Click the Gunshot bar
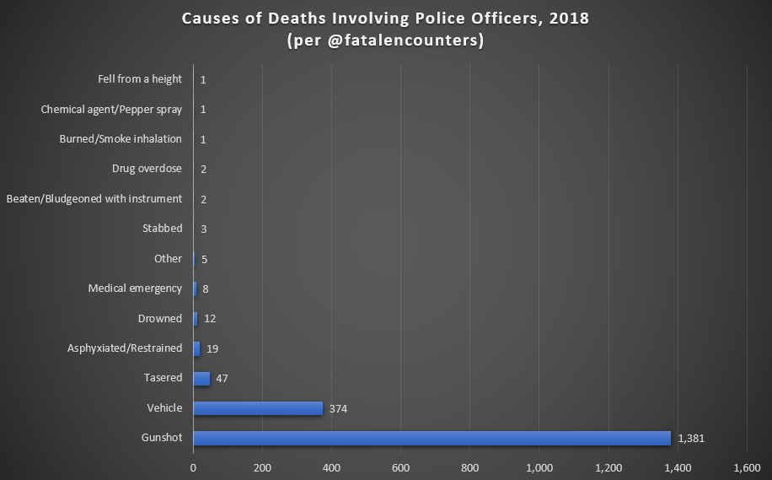tap(432, 438)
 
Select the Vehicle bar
tap(258, 408)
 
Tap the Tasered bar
tap(201, 379)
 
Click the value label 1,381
tap(691, 439)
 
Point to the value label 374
tap(339, 409)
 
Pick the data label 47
tap(222, 379)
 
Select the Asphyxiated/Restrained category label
tap(125, 348)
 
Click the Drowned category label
tap(160, 318)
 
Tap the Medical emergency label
tap(135, 289)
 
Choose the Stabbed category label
tap(163, 229)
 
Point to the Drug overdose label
tap(147, 169)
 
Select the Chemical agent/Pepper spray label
tap(111, 109)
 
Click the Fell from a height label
tap(140, 79)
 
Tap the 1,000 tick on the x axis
tap(539, 467)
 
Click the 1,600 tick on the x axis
tap(746, 467)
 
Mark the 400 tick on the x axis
tap(331, 467)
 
